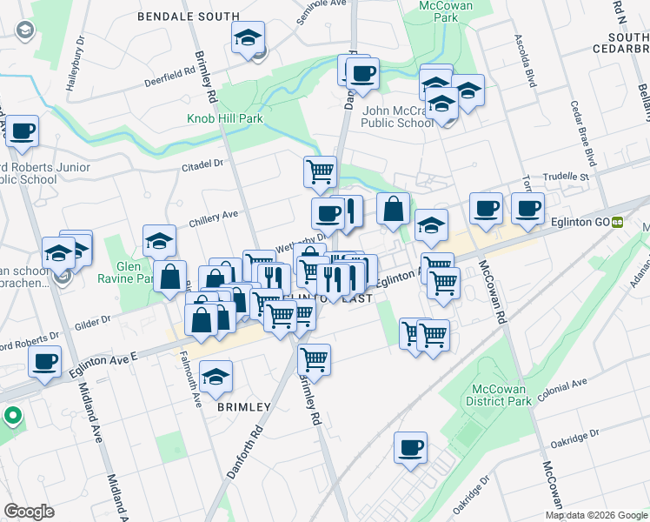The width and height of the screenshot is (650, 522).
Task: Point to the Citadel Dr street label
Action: tap(202, 164)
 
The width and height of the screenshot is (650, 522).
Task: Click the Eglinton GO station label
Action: tap(580, 222)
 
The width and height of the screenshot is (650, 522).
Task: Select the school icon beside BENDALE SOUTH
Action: tap(248, 37)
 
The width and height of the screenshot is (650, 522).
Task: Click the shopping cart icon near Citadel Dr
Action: tap(320, 171)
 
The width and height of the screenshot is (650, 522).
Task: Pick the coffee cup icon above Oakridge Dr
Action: tap(410, 449)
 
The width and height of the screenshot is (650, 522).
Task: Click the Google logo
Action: tap(30, 512)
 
